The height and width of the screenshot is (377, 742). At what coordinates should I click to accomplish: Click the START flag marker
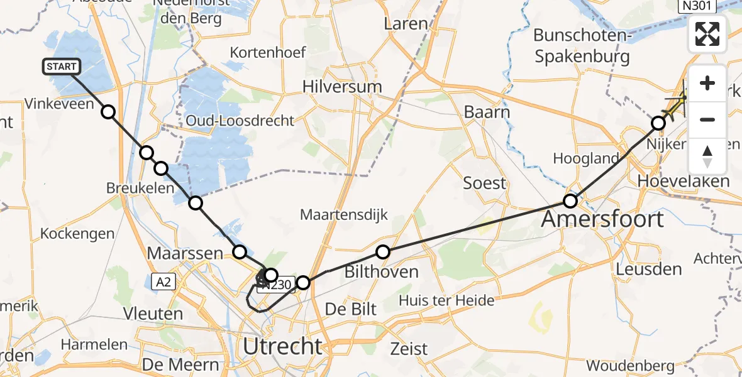(x=61, y=66)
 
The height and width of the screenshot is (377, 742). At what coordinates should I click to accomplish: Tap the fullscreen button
(x=707, y=34)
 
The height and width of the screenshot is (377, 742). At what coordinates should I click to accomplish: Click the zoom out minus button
(x=707, y=119)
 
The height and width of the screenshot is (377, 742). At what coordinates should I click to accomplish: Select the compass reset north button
(x=707, y=156)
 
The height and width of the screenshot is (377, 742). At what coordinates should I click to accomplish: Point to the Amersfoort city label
(x=602, y=219)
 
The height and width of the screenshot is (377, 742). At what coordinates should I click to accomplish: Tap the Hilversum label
(x=342, y=86)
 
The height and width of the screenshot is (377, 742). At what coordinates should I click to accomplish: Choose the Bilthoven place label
(x=382, y=272)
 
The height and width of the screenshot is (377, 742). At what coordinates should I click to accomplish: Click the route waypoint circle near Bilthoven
(x=383, y=253)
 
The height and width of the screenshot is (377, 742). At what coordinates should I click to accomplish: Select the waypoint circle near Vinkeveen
(x=109, y=112)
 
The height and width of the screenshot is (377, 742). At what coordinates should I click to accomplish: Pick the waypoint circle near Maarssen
(x=240, y=252)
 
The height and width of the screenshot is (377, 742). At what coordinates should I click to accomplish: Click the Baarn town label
(x=486, y=112)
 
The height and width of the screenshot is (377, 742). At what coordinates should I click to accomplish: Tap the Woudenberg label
(x=630, y=365)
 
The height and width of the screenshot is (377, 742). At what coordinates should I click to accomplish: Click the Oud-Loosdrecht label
(x=240, y=120)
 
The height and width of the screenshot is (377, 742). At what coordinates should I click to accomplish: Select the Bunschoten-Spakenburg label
(x=581, y=46)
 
